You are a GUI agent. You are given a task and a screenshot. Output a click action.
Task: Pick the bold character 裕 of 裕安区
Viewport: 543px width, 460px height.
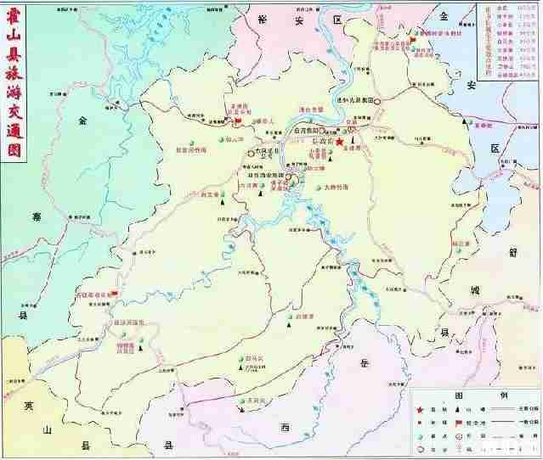coord(265,18)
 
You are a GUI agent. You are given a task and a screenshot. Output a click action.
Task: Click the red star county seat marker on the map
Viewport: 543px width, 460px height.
coord(340,143)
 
